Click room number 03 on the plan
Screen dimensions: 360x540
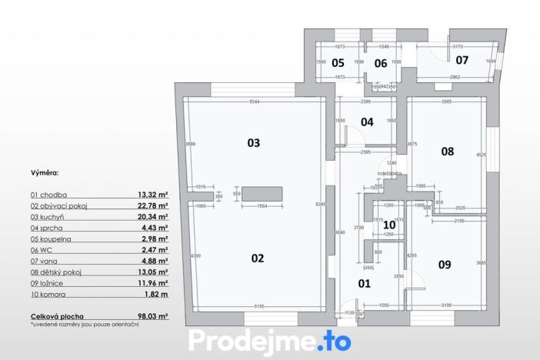tap(253, 142)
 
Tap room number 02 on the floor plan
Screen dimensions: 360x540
tap(257, 258)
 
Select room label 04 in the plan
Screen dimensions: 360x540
tap(367, 122)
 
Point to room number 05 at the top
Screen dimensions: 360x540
tap(338, 63)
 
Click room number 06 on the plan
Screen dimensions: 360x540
tap(380, 63)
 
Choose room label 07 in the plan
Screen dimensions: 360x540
tap(462, 59)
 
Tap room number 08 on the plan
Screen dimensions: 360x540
tap(447, 152)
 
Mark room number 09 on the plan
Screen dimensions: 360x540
tap(445, 265)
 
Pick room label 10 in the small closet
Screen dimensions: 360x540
tap(388, 225)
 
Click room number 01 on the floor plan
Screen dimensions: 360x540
tap(365, 283)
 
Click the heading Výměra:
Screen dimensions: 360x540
tap(45, 175)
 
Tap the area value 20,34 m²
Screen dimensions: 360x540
tap(152, 217)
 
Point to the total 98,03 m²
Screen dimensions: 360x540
tap(152, 316)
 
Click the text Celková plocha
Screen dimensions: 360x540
tap(58, 316)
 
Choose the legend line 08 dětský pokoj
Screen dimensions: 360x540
tap(56, 272)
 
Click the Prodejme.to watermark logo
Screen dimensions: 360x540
tap(269, 339)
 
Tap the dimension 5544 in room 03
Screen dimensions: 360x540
tap(252, 102)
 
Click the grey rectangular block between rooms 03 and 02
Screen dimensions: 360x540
tap(262, 193)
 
